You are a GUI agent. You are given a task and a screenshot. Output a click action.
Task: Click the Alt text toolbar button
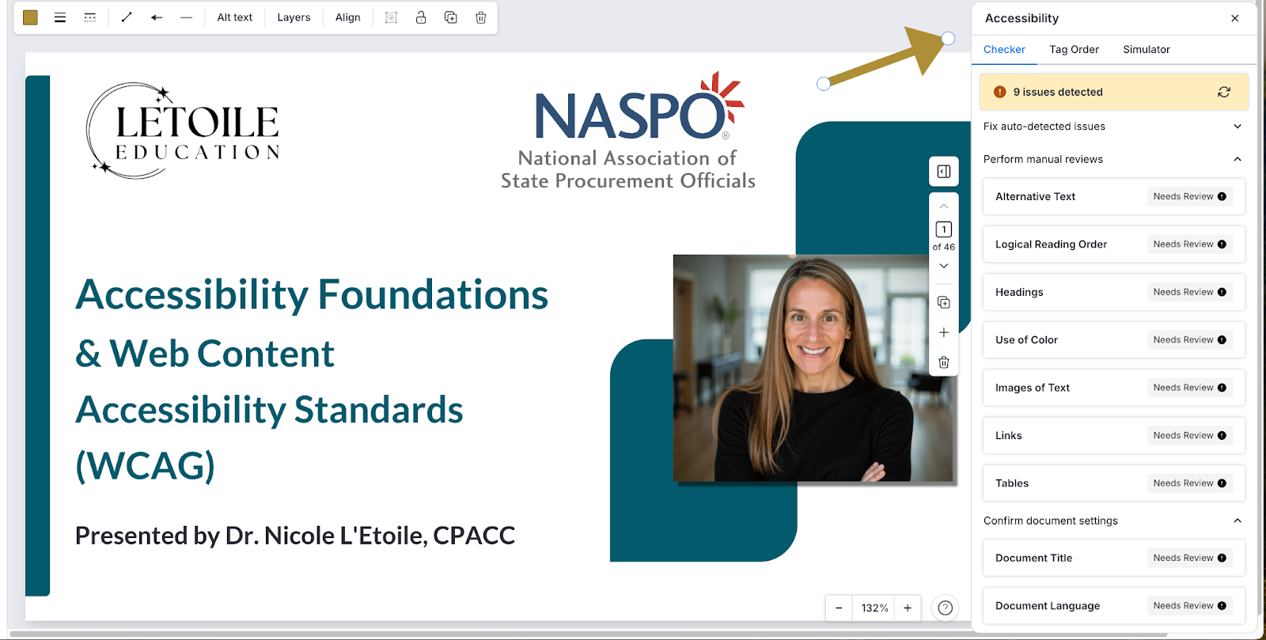point(234,17)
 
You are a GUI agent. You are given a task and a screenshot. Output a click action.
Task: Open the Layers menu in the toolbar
point(294,17)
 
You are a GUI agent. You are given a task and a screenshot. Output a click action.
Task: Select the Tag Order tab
point(1074,49)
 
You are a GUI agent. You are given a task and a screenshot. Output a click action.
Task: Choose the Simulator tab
point(1147,49)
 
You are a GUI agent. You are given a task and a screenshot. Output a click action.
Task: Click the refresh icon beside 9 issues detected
point(1223,92)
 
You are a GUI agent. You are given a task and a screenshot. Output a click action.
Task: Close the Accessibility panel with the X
point(1235,18)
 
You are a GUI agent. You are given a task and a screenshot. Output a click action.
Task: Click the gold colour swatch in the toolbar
point(31,17)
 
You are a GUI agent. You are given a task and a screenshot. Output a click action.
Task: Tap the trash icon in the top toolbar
point(481,17)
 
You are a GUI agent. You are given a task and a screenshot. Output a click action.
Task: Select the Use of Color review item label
point(1026,339)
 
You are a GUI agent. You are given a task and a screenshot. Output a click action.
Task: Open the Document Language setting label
point(1048,605)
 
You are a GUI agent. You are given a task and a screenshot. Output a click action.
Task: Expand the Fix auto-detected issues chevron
point(1238,126)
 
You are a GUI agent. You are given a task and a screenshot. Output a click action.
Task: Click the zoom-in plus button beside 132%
point(907,608)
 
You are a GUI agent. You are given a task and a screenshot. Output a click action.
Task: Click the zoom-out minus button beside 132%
point(839,608)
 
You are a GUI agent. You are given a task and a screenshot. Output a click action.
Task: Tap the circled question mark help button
point(945,608)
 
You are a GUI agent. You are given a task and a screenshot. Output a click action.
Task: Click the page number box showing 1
point(944,229)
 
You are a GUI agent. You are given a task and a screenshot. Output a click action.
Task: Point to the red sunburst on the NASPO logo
point(723,96)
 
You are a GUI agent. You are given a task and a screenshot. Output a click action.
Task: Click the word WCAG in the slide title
point(146,465)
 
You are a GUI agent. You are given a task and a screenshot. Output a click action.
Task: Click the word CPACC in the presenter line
point(474,536)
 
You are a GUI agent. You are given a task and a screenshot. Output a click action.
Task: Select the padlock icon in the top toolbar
point(421,17)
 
